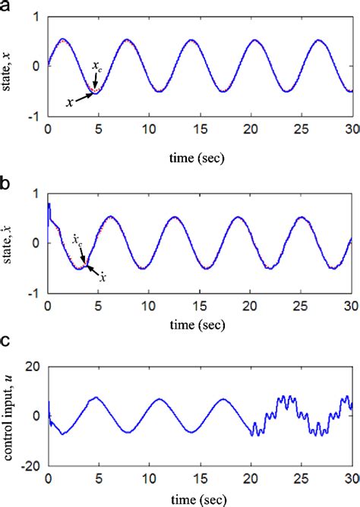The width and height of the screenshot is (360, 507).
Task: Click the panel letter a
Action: click(x=7, y=7)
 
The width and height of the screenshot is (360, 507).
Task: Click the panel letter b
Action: click(x=7, y=184)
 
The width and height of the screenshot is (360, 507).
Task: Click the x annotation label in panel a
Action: click(x=69, y=102)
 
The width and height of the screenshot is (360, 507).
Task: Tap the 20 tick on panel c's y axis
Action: click(x=33, y=367)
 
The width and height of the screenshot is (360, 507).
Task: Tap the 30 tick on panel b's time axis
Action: click(x=351, y=306)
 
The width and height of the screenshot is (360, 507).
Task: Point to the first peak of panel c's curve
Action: click(x=95, y=397)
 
